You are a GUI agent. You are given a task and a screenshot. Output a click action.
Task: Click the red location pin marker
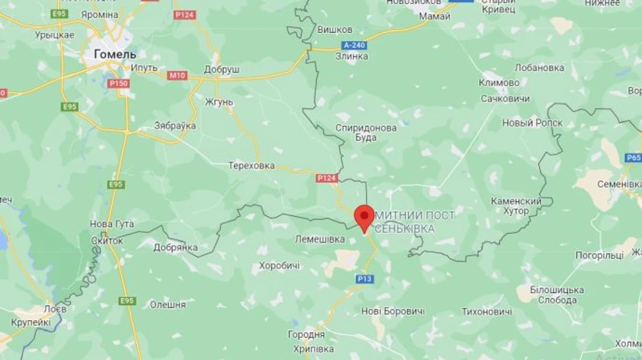point(365,216)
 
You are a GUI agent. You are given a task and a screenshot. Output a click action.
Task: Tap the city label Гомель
point(116,53)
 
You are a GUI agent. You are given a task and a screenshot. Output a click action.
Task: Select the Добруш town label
point(221,70)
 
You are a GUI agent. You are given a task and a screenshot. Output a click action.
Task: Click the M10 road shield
point(177,75)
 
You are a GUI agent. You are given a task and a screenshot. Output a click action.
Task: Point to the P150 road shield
point(118,83)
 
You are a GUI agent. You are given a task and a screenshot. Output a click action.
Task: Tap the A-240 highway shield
point(353,45)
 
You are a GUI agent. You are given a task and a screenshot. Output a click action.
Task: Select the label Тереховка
point(251,165)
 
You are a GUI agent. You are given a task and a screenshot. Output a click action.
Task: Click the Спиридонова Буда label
point(366,133)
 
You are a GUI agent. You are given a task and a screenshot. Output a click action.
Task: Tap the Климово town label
point(499,83)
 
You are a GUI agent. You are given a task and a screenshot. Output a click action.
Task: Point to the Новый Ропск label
point(532,123)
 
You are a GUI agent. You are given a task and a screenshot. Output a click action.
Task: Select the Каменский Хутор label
point(516,206)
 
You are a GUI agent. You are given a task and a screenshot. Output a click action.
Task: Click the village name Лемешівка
point(320,240)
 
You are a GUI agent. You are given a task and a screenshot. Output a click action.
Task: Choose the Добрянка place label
point(175,247)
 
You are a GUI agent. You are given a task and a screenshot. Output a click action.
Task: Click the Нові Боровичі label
point(393,312)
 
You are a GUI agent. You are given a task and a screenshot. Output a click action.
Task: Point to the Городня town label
point(307,334)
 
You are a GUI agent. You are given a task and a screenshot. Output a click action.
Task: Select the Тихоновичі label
point(486,312)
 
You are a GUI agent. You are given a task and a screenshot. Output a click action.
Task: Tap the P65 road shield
point(633,158)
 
